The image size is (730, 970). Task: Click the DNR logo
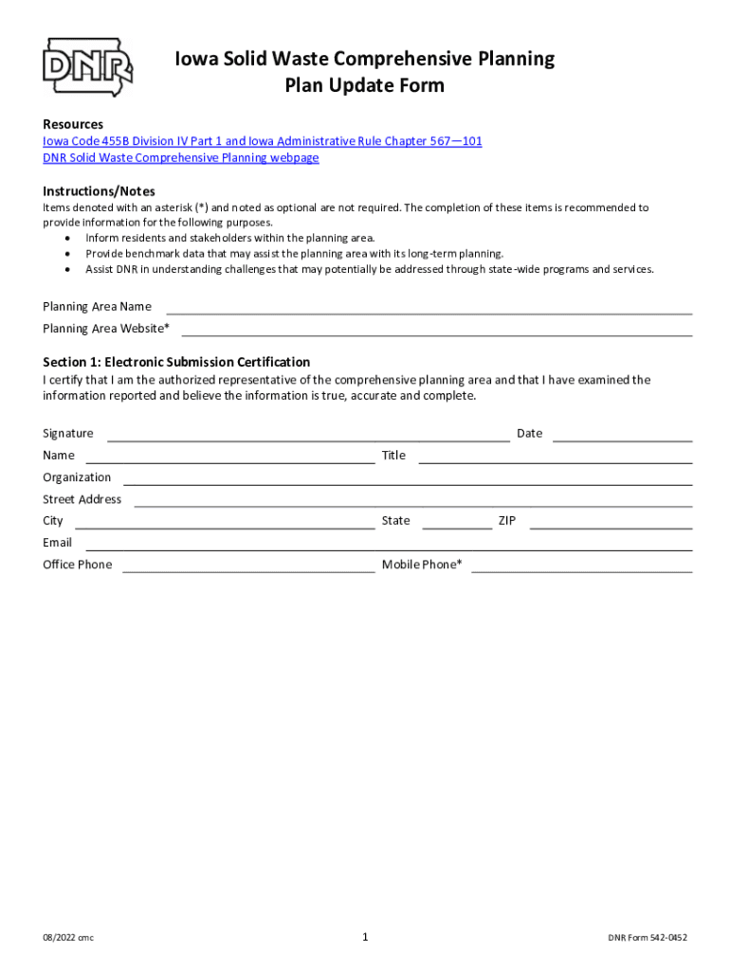click(87, 66)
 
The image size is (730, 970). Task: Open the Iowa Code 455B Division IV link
click(263, 141)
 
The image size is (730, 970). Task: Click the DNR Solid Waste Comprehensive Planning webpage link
click(181, 157)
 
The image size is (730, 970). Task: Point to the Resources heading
click(73, 124)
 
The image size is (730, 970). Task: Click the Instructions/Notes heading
click(99, 191)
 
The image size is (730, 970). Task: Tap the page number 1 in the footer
click(365, 937)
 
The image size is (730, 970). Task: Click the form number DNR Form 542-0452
click(648, 938)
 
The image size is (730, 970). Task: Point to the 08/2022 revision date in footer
click(68, 938)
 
